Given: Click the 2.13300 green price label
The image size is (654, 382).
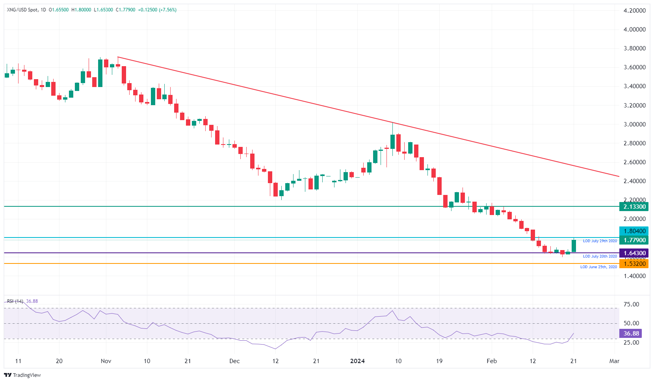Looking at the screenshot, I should click(x=634, y=206).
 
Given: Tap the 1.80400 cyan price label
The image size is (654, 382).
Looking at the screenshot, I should click(x=634, y=231).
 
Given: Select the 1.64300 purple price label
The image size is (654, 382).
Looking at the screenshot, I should click(x=634, y=253).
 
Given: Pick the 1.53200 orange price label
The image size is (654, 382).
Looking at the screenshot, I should click(x=634, y=264).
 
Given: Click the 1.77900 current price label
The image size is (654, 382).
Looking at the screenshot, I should click(x=634, y=240).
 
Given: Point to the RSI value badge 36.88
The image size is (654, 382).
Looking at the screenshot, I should click(x=631, y=334).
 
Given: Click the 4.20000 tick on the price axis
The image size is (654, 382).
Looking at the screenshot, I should click(x=634, y=11).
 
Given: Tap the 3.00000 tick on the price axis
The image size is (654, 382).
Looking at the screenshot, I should click(x=634, y=124).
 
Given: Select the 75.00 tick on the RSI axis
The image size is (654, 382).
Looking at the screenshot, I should click(x=631, y=304).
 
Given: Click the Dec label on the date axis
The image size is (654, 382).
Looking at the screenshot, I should click(x=234, y=361).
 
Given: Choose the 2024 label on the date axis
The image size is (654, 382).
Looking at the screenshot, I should click(x=357, y=361).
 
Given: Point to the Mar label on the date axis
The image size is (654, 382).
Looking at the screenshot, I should click(x=614, y=361).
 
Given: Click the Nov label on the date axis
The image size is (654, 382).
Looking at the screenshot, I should click(x=106, y=361).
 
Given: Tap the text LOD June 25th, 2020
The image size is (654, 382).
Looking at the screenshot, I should click(x=598, y=267).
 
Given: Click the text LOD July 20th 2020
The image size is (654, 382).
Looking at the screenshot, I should click(x=600, y=256).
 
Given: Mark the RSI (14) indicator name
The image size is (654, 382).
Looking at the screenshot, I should click(x=15, y=301).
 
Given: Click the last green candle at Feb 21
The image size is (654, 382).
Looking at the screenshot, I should click(x=574, y=246).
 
